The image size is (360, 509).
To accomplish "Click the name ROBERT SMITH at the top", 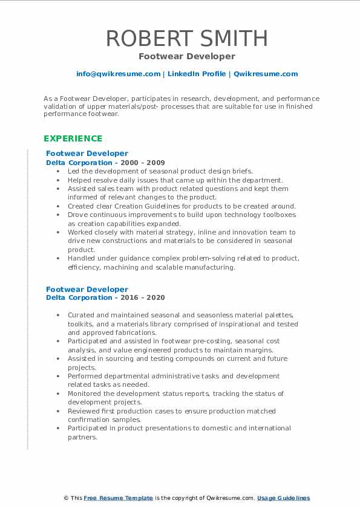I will pyautogui.click(x=186, y=39).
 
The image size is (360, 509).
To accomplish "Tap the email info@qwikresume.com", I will pyautogui.click(x=118, y=74).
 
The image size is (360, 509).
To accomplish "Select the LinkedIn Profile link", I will pyautogui.click(x=196, y=74).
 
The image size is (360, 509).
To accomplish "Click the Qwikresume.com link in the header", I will pyautogui.click(x=266, y=74).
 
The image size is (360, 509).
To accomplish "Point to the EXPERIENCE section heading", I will pyautogui.click(x=73, y=138).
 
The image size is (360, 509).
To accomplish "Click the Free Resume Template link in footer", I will pyautogui.click(x=118, y=498).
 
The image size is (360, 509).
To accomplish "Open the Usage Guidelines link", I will pyautogui.click(x=283, y=498).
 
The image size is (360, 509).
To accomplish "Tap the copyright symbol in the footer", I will pyautogui.click(x=65, y=498).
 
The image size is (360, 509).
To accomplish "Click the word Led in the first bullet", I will pyautogui.click(x=73, y=171).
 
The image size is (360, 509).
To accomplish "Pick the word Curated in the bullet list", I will pyautogui.click(x=81, y=315).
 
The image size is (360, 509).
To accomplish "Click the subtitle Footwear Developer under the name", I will pyautogui.click(x=186, y=56).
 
